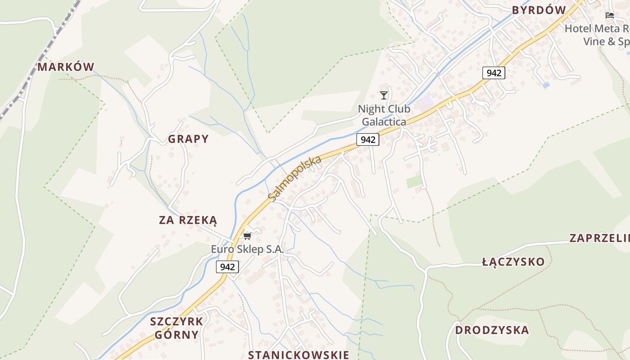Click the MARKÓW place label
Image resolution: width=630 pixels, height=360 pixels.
(66, 67)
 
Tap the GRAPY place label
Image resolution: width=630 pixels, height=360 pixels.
(188, 139)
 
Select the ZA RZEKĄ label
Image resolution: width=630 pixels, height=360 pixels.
(188, 220)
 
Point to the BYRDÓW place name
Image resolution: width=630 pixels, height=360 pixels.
(539, 10)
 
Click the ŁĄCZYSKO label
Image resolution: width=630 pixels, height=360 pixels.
(513, 261)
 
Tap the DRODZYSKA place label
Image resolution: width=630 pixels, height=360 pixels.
(492, 330)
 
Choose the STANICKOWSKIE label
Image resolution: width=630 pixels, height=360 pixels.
(298, 354)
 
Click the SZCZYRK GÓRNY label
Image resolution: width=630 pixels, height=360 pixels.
(176, 328)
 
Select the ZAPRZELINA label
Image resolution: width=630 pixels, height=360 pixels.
(599, 238)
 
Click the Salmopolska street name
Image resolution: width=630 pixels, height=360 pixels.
(295, 178)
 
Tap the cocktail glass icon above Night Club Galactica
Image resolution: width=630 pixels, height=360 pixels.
(384, 95)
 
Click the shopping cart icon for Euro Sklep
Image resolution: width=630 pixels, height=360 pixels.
(247, 236)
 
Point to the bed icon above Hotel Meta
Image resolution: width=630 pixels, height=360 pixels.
(610, 15)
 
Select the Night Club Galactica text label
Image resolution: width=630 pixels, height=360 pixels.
(384, 115)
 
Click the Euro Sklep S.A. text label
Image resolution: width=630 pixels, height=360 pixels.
(247, 249)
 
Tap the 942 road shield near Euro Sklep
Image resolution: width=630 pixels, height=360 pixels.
(227, 267)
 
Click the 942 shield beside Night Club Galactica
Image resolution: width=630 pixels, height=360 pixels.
(368, 139)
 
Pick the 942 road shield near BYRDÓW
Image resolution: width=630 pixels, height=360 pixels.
(494, 72)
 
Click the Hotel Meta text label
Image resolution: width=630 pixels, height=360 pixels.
(597, 35)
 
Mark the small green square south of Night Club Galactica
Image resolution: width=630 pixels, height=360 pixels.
(414, 182)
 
